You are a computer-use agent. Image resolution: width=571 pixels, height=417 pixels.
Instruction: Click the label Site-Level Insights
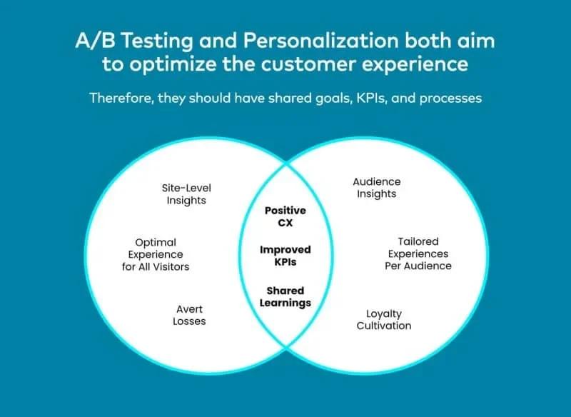186,194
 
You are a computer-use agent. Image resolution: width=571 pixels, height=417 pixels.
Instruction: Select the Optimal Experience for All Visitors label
156,255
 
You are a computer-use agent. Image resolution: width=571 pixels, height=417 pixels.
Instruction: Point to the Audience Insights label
377,188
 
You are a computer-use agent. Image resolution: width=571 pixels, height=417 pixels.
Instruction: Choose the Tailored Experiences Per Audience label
419,253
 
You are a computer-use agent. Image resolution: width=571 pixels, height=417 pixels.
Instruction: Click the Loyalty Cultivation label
384,319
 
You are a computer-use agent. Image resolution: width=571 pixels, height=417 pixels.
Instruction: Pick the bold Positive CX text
285,216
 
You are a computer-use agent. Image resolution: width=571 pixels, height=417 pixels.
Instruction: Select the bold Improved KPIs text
285,256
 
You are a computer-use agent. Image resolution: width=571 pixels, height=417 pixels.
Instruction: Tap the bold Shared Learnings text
285,296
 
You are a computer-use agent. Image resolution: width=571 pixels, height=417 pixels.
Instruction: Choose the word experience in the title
420,65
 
